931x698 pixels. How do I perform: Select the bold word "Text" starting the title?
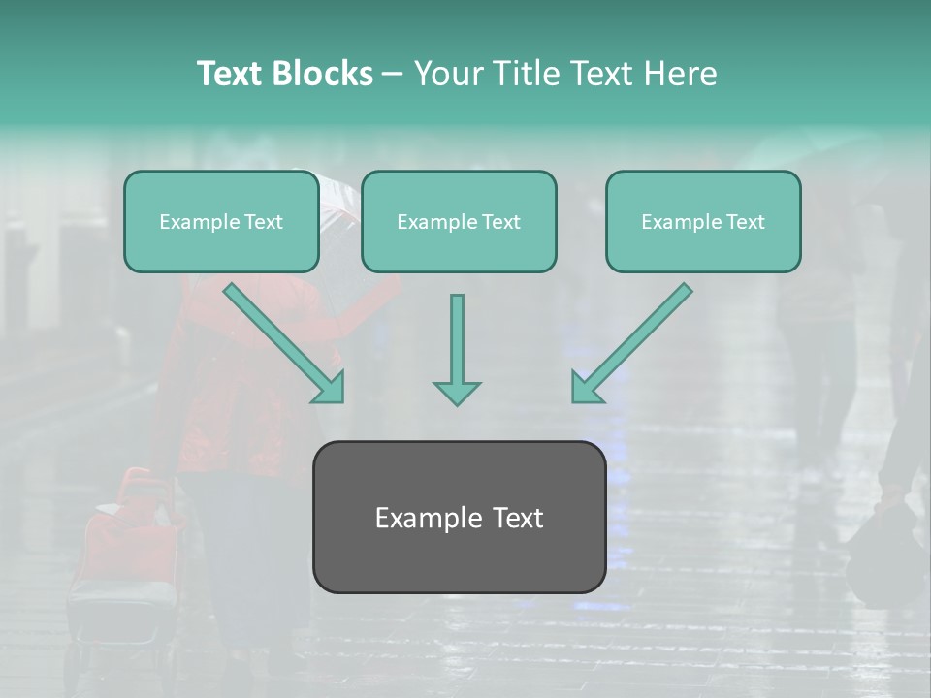[231, 74]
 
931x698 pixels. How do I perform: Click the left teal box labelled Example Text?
[221, 247]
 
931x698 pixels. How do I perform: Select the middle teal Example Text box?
[459, 247]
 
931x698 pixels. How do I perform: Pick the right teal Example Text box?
[703, 247]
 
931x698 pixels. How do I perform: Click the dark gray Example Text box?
[459, 557]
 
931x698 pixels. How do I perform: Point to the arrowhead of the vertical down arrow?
[457, 393]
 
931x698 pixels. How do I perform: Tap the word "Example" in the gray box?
[428, 518]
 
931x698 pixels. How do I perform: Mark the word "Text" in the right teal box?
[745, 222]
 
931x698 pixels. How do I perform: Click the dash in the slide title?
[393, 74]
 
